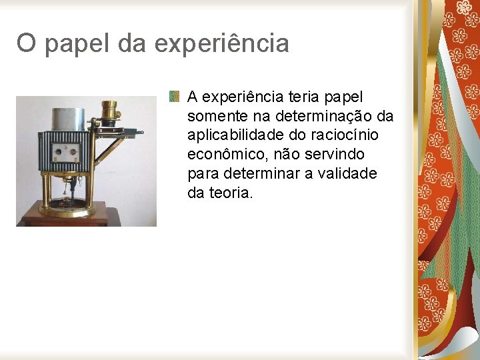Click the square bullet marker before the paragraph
pyautogui.click(x=175, y=97)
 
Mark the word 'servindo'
pyautogui.click(x=338, y=155)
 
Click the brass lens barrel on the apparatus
pyautogui.click(x=109, y=108)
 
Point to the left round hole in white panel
pyautogui.click(x=58, y=151)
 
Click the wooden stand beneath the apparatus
pyautogui.click(x=67, y=219)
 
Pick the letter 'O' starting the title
pyautogui.click(x=26, y=44)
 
